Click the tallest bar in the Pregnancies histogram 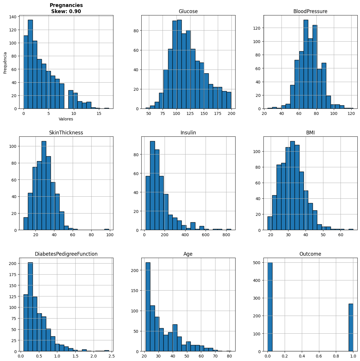[30, 64]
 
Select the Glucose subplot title [188, 11]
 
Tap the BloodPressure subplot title [310, 11]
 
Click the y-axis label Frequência [5, 63]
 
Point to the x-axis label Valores [66, 119]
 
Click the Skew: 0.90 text [66, 11]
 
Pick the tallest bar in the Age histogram [148, 307]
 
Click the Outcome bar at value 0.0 [270, 307]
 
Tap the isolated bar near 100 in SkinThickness [107, 230]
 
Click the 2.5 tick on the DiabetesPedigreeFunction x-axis [112, 356]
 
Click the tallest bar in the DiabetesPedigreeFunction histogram [30, 307]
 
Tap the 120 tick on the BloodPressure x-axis [351, 114]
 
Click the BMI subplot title [310, 133]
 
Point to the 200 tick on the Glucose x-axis [231, 114]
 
